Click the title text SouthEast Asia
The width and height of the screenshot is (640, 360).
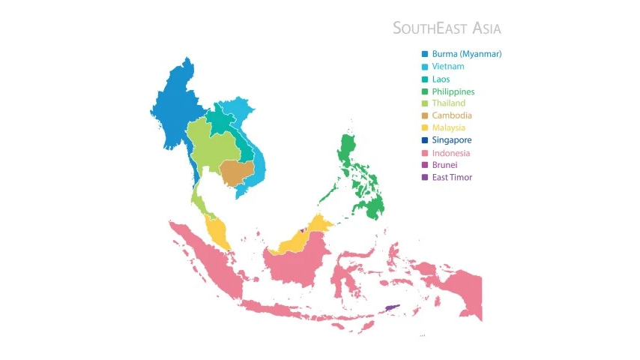pyautogui.click(x=447, y=28)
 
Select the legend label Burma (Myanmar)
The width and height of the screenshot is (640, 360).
pyautogui.click(x=466, y=54)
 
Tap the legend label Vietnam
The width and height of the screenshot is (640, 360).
pyautogui.click(x=447, y=67)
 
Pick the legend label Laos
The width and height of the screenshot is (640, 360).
pyautogui.click(x=441, y=79)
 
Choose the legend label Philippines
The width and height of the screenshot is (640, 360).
pyautogui.click(x=453, y=91)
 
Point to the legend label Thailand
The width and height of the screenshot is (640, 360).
pyautogui.click(x=448, y=103)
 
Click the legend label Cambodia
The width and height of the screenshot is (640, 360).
pyautogui.click(x=451, y=115)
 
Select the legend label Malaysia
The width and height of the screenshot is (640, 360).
pyautogui.click(x=448, y=127)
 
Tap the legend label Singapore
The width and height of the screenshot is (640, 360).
pyautogui.click(x=452, y=140)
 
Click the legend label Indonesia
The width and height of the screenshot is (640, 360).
pyautogui.click(x=450, y=153)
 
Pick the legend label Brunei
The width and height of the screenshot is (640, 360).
pyautogui.click(x=444, y=165)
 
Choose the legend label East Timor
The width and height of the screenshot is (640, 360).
pyautogui.click(x=452, y=177)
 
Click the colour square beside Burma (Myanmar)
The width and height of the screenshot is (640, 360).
pyautogui.click(x=425, y=54)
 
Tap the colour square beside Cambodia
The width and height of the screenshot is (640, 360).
pyautogui.click(x=425, y=115)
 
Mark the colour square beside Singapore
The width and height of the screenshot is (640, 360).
pyautogui.click(x=425, y=140)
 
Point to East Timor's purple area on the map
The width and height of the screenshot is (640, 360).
pyautogui.click(x=393, y=307)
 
